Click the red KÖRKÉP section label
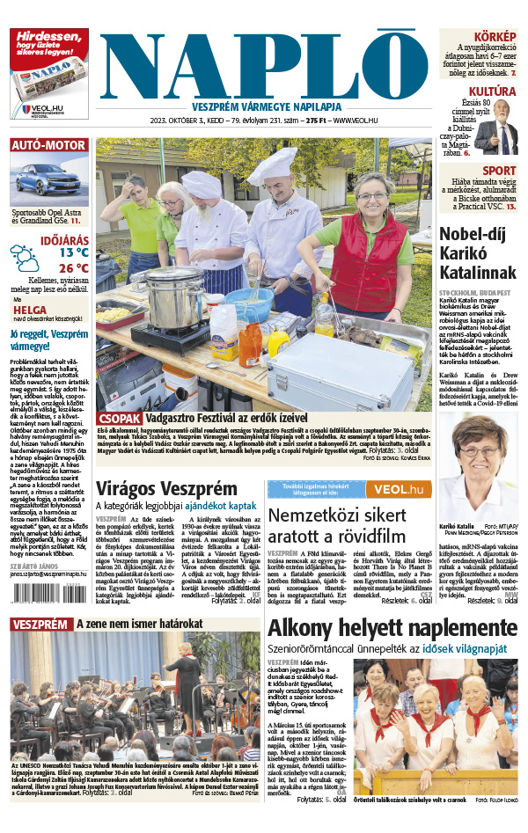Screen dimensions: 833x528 tap(495, 36)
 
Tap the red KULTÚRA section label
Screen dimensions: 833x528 tap(491, 91)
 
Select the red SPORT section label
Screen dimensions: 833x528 tap(499, 171)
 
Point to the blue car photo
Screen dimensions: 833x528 tap(48, 181)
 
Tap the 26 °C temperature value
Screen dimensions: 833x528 tap(74, 268)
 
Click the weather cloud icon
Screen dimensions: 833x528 tap(25, 257)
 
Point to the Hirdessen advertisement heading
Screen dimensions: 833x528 tap(48, 44)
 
